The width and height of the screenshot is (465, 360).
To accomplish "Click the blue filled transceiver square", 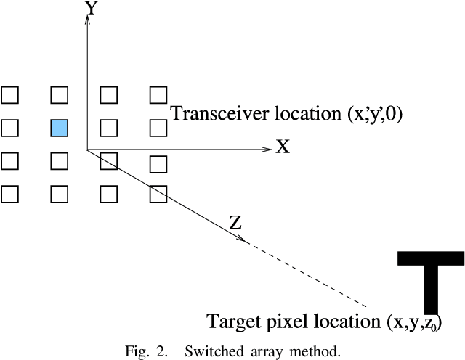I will click(x=59, y=128).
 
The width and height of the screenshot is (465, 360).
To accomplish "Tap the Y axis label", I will click(x=92, y=8).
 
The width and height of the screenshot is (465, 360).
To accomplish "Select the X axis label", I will click(x=283, y=147).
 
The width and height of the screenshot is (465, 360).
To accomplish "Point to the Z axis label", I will click(x=235, y=223).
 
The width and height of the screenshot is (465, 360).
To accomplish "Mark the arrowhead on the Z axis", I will click(x=246, y=240).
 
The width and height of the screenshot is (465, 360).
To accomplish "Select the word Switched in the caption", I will click(x=210, y=352).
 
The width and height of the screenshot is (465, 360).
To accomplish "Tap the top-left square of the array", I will click(x=9, y=94).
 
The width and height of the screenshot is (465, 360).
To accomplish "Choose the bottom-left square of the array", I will click(x=9, y=194).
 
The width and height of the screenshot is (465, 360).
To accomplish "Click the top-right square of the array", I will click(x=158, y=94).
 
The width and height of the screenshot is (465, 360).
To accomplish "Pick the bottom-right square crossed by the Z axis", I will click(x=158, y=194).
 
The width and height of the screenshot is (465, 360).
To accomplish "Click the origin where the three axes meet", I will click(x=87, y=150).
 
